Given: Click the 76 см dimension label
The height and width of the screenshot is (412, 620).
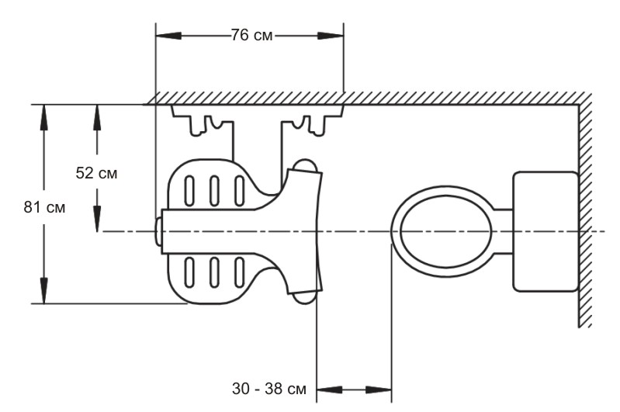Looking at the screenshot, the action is click(x=252, y=36).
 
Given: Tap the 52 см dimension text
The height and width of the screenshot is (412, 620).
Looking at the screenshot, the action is click(x=96, y=173).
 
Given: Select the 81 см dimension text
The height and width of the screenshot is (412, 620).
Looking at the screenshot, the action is click(x=44, y=207).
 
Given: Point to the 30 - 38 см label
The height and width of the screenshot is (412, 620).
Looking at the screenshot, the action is click(x=269, y=389).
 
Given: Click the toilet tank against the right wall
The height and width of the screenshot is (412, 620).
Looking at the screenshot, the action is click(x=546, y=232).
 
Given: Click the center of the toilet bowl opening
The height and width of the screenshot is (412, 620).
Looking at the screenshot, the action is click(x=445, y=232).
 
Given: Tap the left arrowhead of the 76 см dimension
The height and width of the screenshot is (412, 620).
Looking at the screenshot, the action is click(x=169, y=36).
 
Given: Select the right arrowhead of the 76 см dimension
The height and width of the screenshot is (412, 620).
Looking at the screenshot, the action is click(x=331, y=36).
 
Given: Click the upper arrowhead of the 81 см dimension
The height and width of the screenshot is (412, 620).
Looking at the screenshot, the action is click(x=44, y=117).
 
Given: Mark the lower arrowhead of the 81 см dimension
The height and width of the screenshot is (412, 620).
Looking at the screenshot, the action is click(x=44, y=291).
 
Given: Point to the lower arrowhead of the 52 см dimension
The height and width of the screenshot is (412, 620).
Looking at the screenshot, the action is click(x=97, y=219).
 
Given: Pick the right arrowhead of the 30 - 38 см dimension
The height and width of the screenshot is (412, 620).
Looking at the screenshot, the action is click(x=379, y=389).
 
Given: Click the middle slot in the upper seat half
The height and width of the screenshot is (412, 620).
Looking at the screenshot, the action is click(x=214, y=191).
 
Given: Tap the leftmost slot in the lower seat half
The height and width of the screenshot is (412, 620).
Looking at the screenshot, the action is click(x=190, y=272).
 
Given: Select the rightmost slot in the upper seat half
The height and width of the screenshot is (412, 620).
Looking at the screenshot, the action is click(x=239, y=191).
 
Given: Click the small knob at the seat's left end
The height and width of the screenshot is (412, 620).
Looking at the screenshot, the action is click(x=158, y=231).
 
